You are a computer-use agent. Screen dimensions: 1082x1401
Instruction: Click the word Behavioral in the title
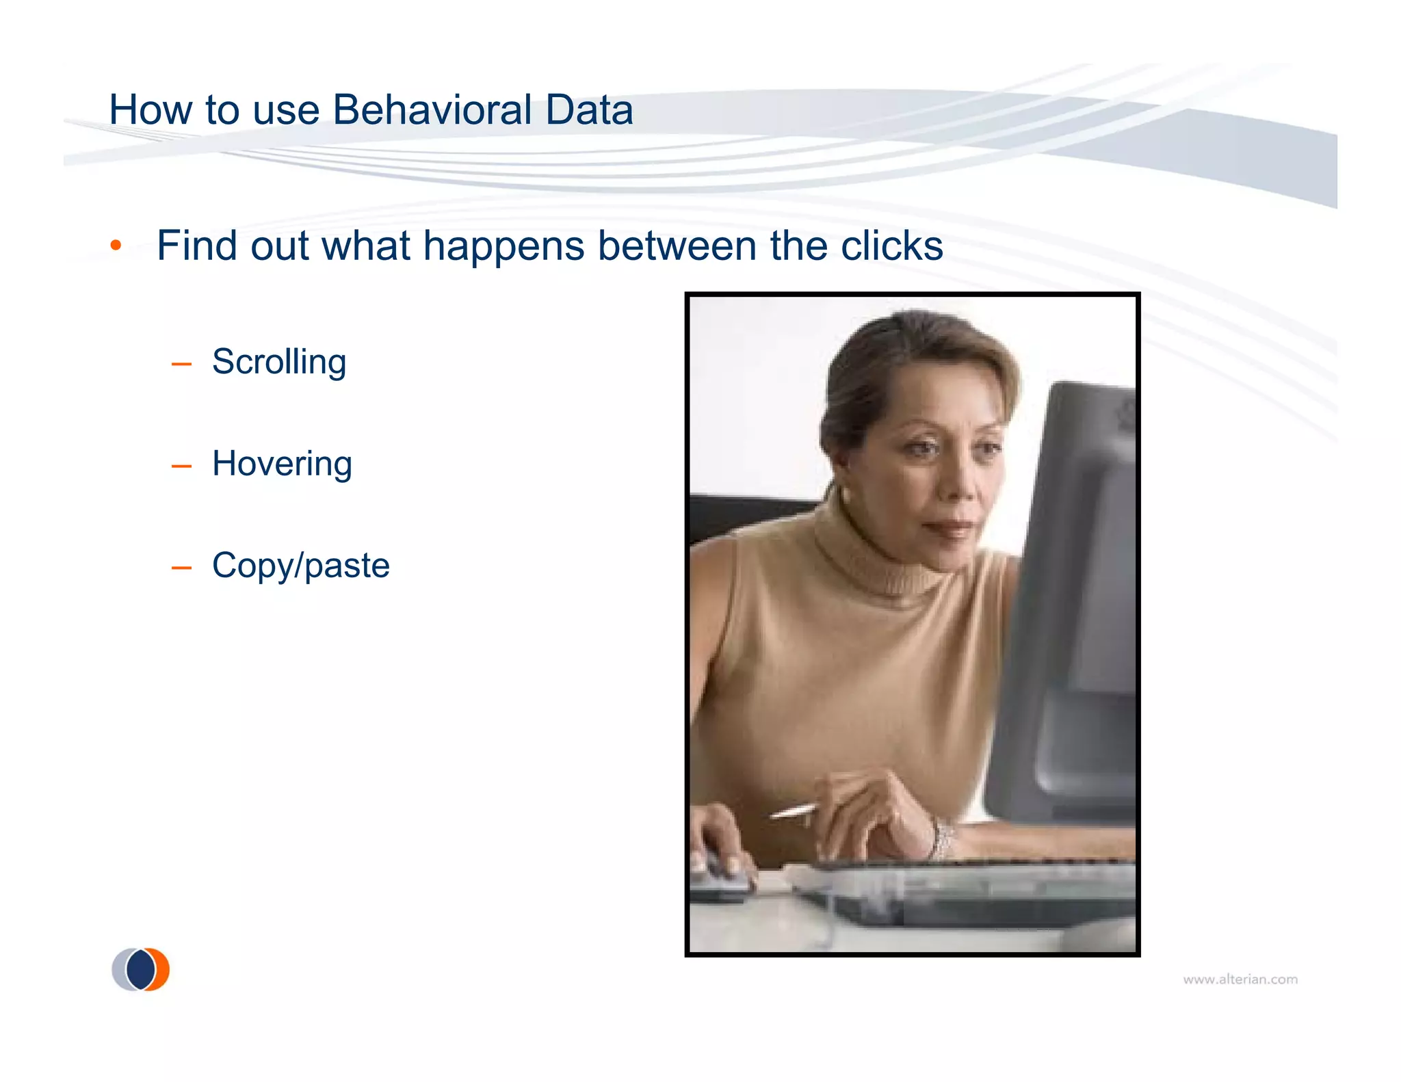(432, 109)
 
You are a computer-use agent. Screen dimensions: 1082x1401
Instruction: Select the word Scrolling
(279, 362)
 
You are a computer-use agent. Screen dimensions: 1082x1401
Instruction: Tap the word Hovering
(282, 464)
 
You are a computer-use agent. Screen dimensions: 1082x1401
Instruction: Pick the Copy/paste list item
(300, 566)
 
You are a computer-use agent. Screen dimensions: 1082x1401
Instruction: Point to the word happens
(504, 246)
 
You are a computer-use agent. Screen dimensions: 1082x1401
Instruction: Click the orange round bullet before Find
(116, 246)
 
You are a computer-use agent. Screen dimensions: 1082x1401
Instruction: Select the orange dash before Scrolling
(181, 364)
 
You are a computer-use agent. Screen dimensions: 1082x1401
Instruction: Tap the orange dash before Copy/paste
(181, 568)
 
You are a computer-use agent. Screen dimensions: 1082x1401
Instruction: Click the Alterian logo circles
(141, 969)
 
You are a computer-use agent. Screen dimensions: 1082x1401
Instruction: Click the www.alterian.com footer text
(1240, 979)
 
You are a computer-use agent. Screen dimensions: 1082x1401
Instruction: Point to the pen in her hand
(794, 812)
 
